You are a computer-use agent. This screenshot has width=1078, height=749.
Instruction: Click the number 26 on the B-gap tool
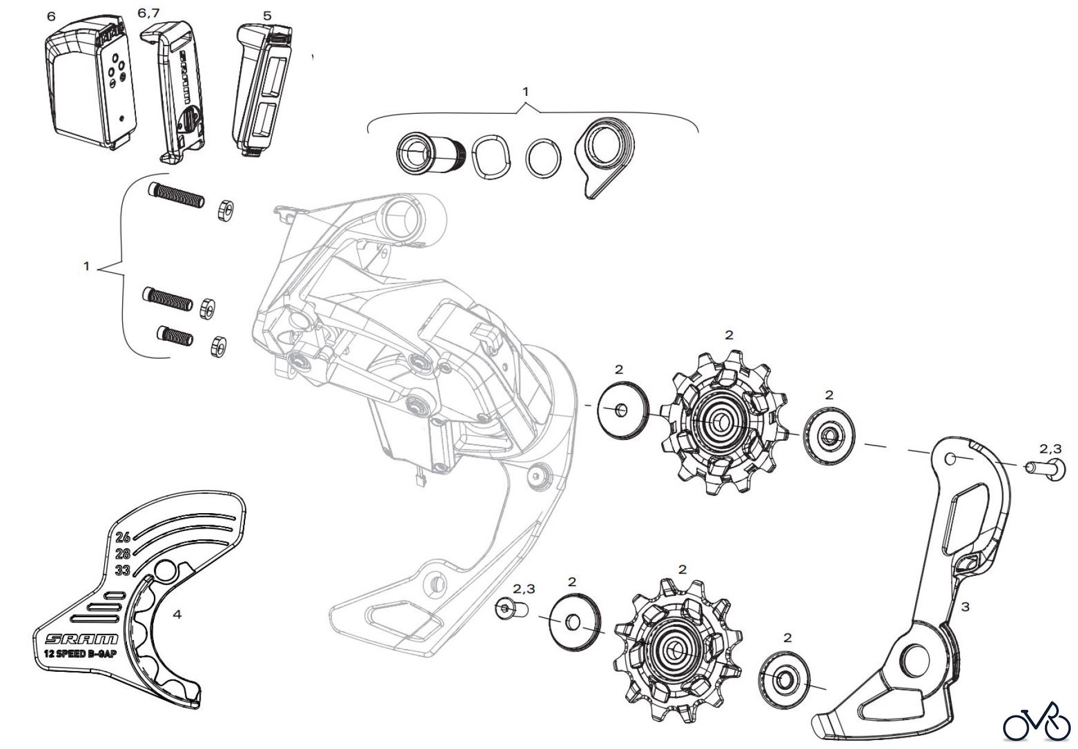tap(123, 536)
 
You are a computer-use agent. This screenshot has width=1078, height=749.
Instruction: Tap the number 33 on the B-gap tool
tap(123, 569)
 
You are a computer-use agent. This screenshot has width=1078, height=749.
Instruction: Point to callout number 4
tap(177, 614)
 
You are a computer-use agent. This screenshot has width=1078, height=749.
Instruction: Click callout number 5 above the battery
tap(267, 16)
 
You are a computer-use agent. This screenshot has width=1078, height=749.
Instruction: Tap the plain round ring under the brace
tap(544, 158)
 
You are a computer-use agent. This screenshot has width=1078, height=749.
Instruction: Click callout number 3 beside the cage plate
tap(965, 607)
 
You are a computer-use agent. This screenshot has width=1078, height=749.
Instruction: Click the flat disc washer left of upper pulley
tap(623, 410)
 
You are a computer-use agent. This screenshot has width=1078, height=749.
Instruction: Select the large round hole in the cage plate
tap(914, 662)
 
